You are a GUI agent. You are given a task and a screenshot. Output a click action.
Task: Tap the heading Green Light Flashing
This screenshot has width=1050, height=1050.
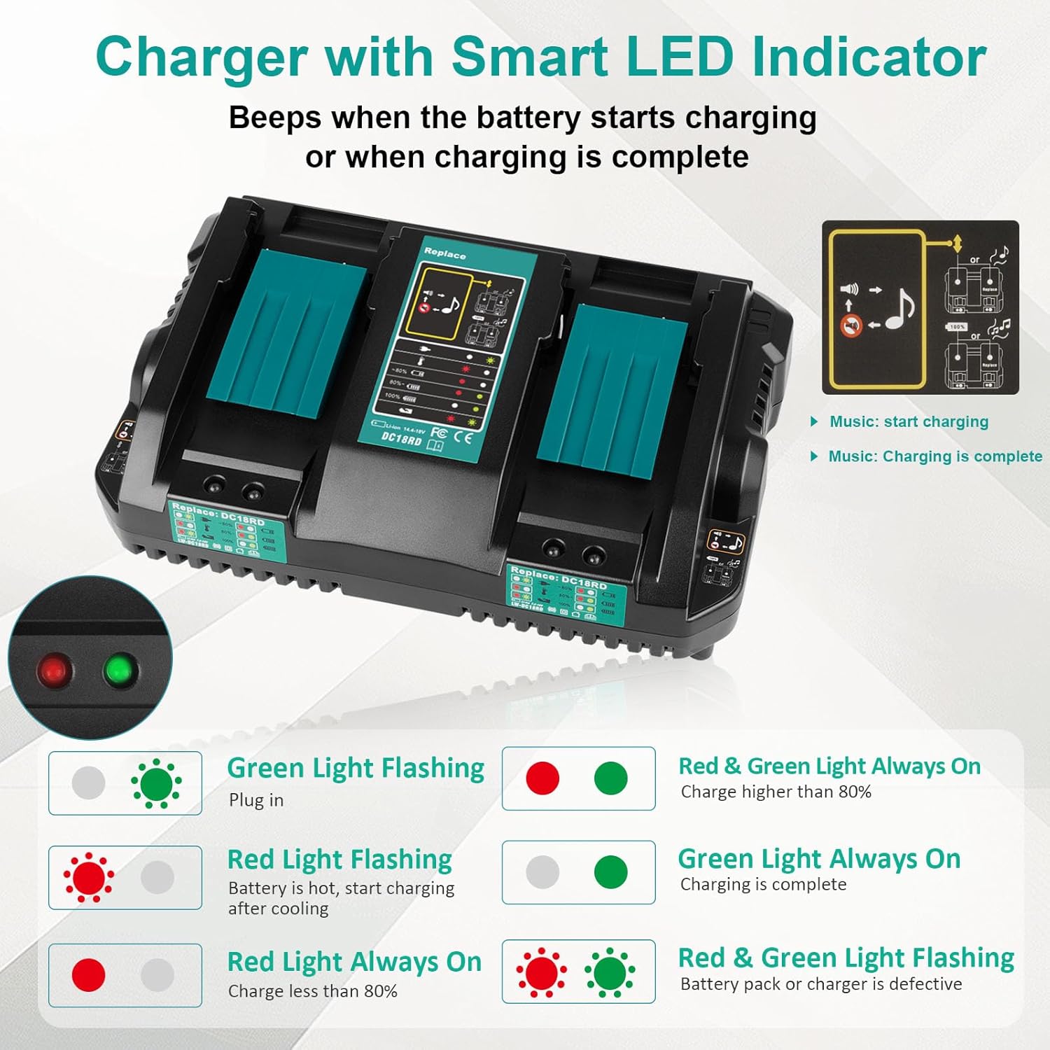click(x=356, y=769)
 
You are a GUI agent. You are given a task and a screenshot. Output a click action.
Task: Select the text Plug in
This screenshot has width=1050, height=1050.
click(x=256, y=800)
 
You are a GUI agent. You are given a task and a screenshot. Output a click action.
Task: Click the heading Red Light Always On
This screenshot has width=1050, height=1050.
click(x=354, y=962)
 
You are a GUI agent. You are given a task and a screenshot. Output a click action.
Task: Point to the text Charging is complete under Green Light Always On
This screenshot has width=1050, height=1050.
click(x=763, y=885)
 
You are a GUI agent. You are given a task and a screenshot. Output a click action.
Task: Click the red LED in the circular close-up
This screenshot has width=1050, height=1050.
click(x=54, y=670)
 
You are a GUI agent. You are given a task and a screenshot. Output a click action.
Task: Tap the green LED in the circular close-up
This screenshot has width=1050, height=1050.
click(x=120, y=670)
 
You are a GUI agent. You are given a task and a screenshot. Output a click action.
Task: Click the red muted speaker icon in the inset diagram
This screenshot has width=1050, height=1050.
click(x=850, y=326)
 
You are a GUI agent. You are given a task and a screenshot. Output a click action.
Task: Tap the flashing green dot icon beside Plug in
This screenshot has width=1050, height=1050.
click(x=157, y=783)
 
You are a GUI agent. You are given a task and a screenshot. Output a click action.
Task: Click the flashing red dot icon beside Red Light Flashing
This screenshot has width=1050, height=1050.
click(x=89, y=877)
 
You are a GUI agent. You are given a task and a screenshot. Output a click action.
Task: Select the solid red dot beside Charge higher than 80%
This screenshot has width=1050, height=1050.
click(x=542, y=778)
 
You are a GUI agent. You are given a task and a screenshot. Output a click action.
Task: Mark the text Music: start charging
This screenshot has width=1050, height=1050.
click(x=909, y=422)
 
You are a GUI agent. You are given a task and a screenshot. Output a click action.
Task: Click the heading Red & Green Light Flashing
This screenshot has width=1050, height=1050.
click(x=846, y=958)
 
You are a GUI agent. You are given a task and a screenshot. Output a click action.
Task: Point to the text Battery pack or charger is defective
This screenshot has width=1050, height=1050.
click(x=820, y=984)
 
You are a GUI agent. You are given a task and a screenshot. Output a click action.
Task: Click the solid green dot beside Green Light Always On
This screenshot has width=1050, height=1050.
click(x=610, y=872)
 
